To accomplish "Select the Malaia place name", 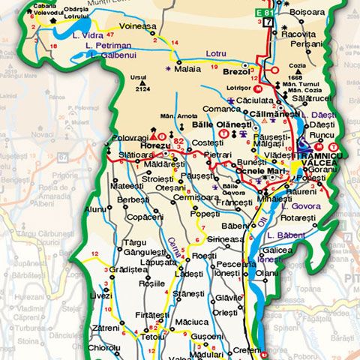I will pyautogui.click(x=187, y=69).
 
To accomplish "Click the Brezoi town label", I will pyautogui.click(x=236, y=72).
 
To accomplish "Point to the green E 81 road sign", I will pyautogui.click(x=265, y=13).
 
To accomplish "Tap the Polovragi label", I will pyautogui.click(x=132, y=138).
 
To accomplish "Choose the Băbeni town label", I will pyautogui.click(x=234, y=226).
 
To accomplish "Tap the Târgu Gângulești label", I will pyautogui.click(x=145, y=247).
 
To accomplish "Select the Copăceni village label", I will pyautogui.click(x=145, y=216).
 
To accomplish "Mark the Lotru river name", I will pyautogui.click(x=216, y=54).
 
